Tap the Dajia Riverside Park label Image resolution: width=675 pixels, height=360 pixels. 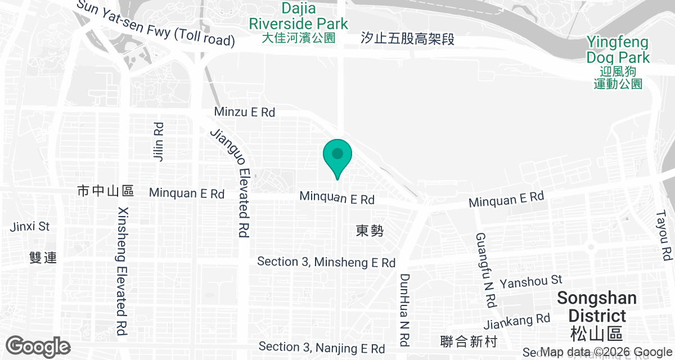(299, 23)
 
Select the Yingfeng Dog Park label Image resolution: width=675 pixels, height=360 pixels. (618, 56)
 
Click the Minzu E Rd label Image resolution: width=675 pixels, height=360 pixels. (245, 112)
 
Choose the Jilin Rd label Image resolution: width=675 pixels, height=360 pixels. (158, 140)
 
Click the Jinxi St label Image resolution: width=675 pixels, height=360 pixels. (30, 227)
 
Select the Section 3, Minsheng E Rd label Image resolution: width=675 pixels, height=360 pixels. (326, 262)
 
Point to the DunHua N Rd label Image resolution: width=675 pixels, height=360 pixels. (404, 309)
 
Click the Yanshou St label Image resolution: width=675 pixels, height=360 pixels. (532, 280)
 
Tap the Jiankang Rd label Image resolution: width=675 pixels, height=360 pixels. (516, 322)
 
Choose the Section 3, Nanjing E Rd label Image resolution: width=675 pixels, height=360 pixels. (322, 348)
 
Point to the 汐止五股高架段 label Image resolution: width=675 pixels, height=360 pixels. (407, 39)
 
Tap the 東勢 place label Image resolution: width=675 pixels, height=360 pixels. (370, 231)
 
